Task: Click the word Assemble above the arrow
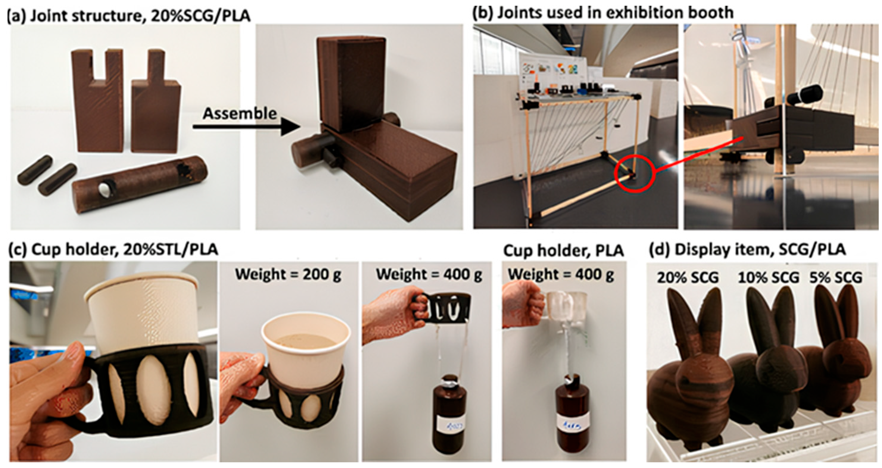pyautogui.click(x=239, y=113)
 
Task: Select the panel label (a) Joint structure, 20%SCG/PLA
pyautogui.click(x=129, y=15)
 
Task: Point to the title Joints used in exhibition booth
pyautogui.click(x=602, y=13)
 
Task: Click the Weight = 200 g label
pyautogui.click(x=288, y=274)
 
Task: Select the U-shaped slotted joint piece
pyautogui.click(x=97, y=103)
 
